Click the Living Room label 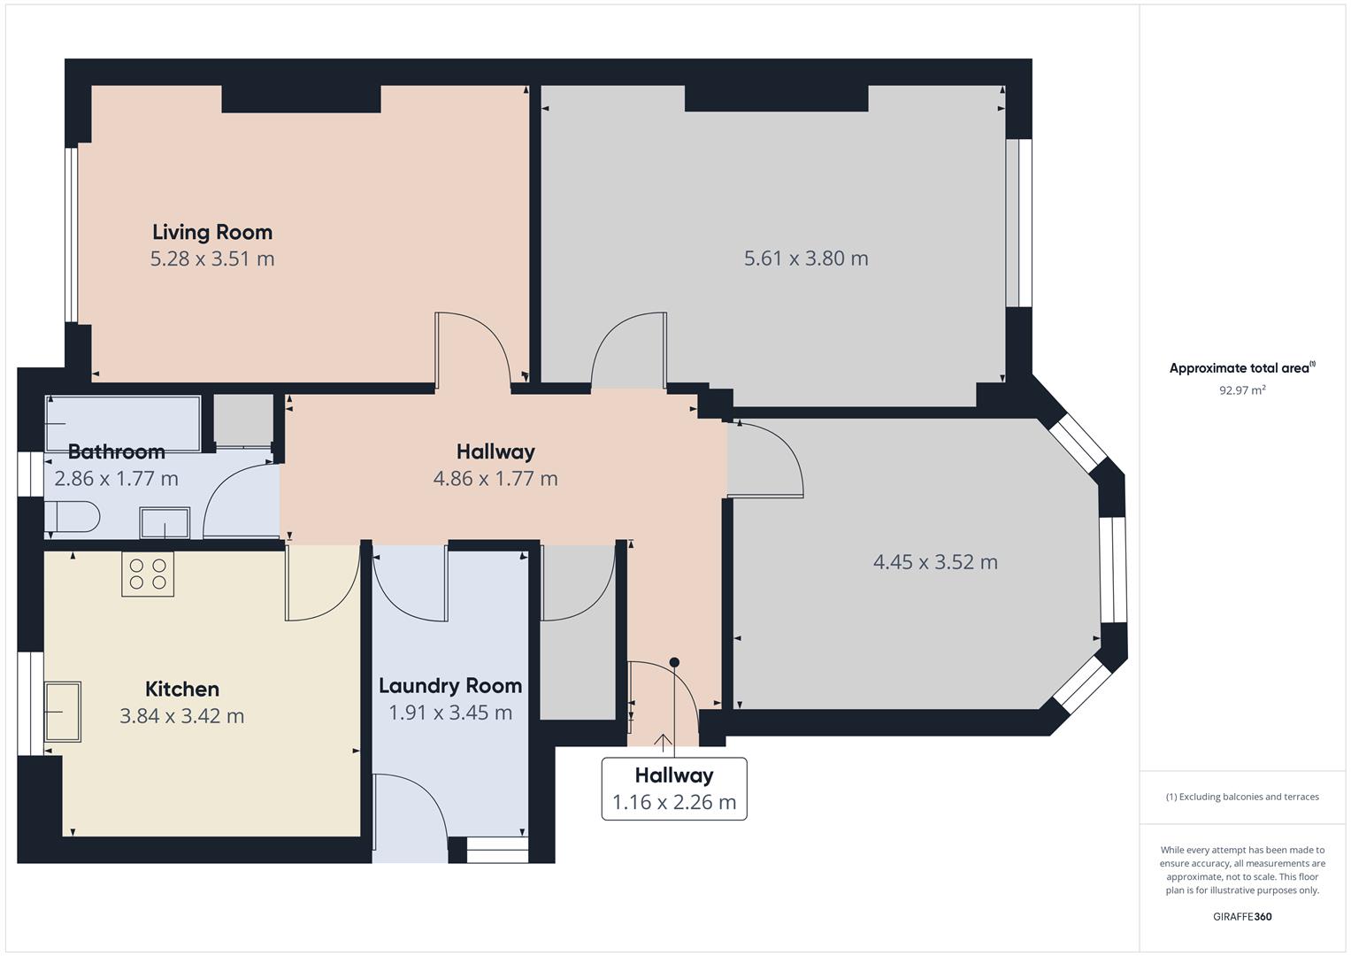[x=212, y=232]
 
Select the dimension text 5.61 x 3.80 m [x=806, y=258]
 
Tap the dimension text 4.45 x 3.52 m [x=935, y=562]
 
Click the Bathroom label [x=116, y=451]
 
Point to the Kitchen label [x=182, y=689]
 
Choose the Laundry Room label [x=450, y=685]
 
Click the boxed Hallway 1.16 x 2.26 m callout [x=674, y=789]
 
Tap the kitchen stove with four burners [x=148, y=574]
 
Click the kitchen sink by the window [x=63, y=712]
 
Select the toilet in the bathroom [x=73, y=517]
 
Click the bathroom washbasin [x=165, y=522]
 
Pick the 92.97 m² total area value [x=1242, y=390]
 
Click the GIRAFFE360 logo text [x=1242, y=917]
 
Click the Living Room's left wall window [x=71, y=235]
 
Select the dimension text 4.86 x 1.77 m [x=495, y=479]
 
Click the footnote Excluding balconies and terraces [x=1242, y=797]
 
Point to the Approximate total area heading [x=1240, y=368]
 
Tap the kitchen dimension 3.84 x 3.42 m [x=182, y=716]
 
